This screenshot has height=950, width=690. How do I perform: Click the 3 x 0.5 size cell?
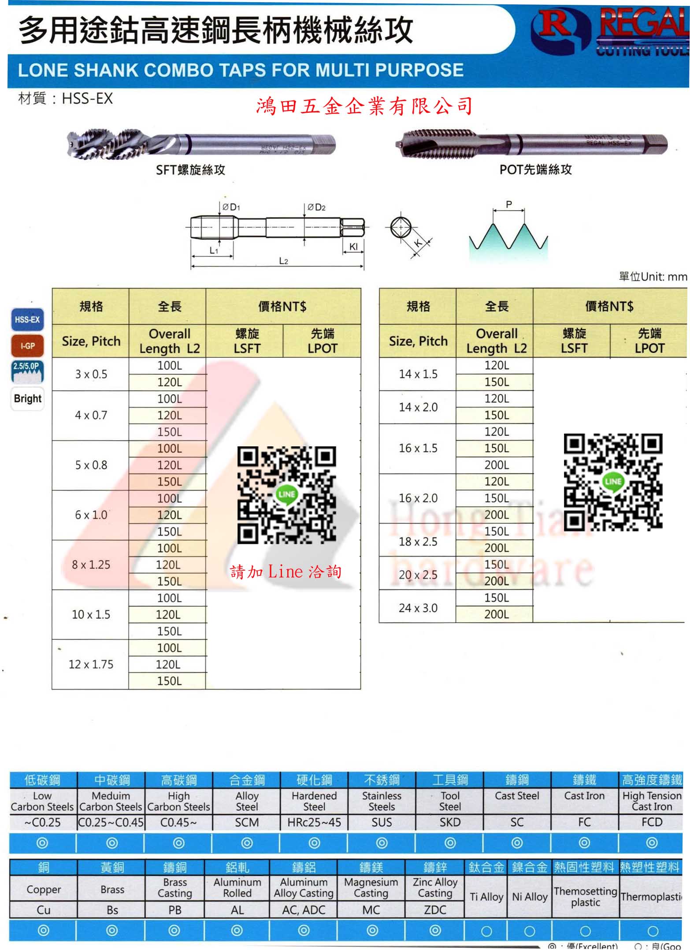(91, 374)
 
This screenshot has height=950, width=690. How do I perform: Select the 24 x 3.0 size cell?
(418, 608)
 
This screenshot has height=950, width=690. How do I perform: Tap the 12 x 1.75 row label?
(91, 664)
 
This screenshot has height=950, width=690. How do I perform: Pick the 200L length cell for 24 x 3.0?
(497, 614)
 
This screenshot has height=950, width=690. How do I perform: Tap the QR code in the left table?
(286, 494)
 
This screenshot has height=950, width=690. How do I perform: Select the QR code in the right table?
(613, 482)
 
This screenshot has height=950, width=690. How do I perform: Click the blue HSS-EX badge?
(27, 319)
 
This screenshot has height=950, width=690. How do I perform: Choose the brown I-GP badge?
(27, 346)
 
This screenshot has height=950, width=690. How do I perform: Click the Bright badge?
(27, 398)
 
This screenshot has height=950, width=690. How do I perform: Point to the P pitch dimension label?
(509, 204)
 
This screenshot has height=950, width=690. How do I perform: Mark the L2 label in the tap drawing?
(283, 261)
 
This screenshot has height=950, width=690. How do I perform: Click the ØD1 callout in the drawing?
(231, 207)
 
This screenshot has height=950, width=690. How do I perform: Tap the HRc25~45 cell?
(314, 822)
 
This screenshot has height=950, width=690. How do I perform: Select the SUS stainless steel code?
(382, 822)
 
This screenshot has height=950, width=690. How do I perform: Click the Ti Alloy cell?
(486, 897)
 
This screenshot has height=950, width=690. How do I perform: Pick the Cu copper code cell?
(43, 910)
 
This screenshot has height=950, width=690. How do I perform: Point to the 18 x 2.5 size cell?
(418, 542)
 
